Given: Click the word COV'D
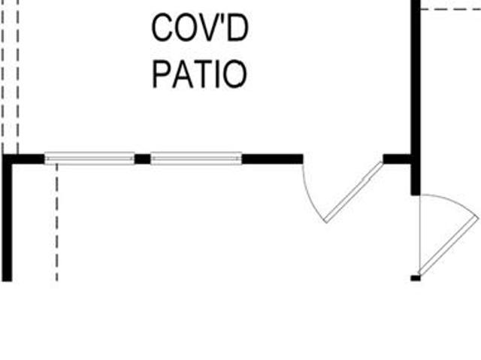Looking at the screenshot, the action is [x=200, y=28].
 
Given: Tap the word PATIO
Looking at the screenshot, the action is [x=199, y=74].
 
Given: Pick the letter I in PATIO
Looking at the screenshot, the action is [x=218, y=74].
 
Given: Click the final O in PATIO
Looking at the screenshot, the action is [x=235, y=74].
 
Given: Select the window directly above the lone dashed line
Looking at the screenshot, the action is [x=89, y=159].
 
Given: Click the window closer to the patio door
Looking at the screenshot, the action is [x=196, y=159].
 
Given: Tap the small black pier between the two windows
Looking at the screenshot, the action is [x=143, y=159].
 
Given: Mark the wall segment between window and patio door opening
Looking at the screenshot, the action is [x=272, y=159].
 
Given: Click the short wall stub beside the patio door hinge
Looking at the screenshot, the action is [x=397, y=159].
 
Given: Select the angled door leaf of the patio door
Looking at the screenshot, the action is [x=354, y=192].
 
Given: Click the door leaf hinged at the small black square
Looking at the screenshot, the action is [x=449, y=246].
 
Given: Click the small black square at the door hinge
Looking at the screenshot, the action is [x=416, y=278].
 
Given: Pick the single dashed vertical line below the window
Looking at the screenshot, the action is [x=57, y=222].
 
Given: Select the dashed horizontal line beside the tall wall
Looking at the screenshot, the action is [x=451, y=10].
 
